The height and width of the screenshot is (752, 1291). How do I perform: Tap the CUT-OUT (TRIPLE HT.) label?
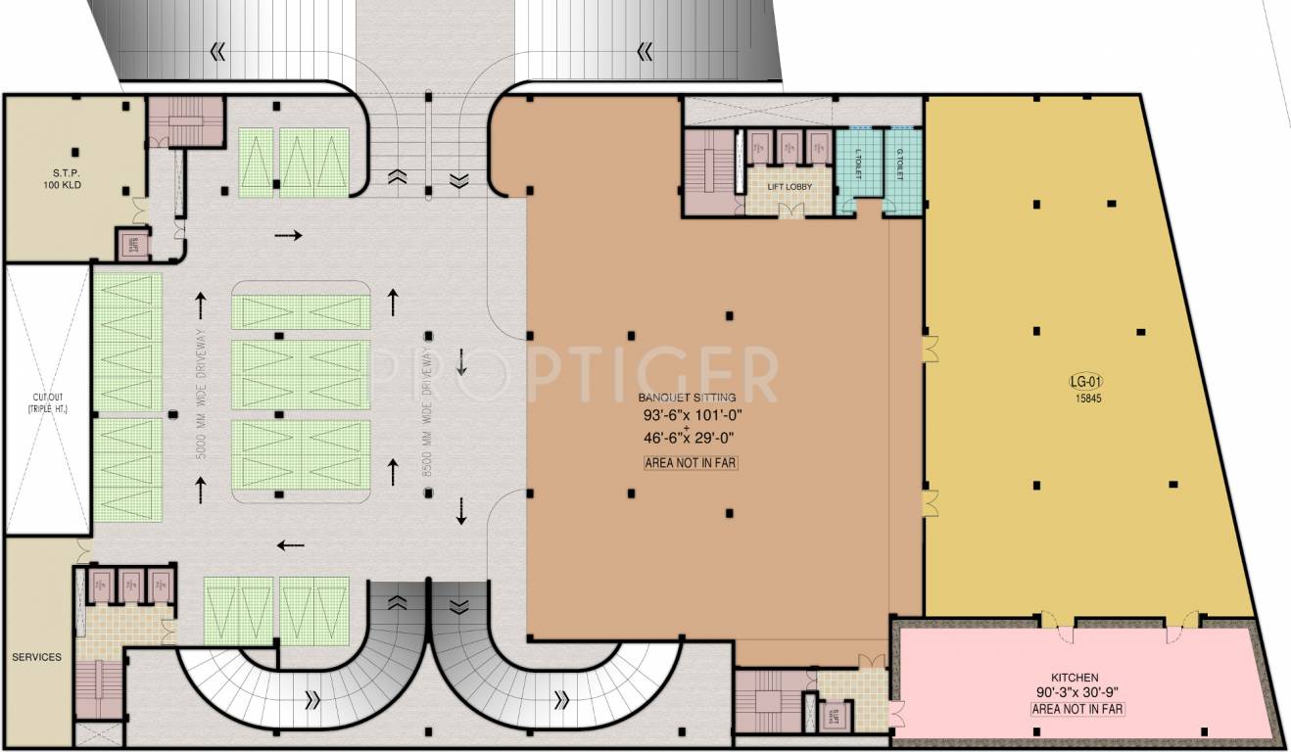coord(48,401)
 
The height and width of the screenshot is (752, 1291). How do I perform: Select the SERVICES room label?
coord(36,657)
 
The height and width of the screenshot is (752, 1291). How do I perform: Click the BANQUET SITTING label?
coord(687,398)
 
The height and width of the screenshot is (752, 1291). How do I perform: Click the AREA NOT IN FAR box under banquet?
coord(691,463)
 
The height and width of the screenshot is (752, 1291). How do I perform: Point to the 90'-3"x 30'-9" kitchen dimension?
coord(1077,692)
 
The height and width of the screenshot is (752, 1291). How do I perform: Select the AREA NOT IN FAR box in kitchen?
coord(1077,708)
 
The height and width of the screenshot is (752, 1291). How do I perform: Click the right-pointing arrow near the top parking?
coord(289,235)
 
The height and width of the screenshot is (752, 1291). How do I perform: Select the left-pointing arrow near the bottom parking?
coord(290,545)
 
